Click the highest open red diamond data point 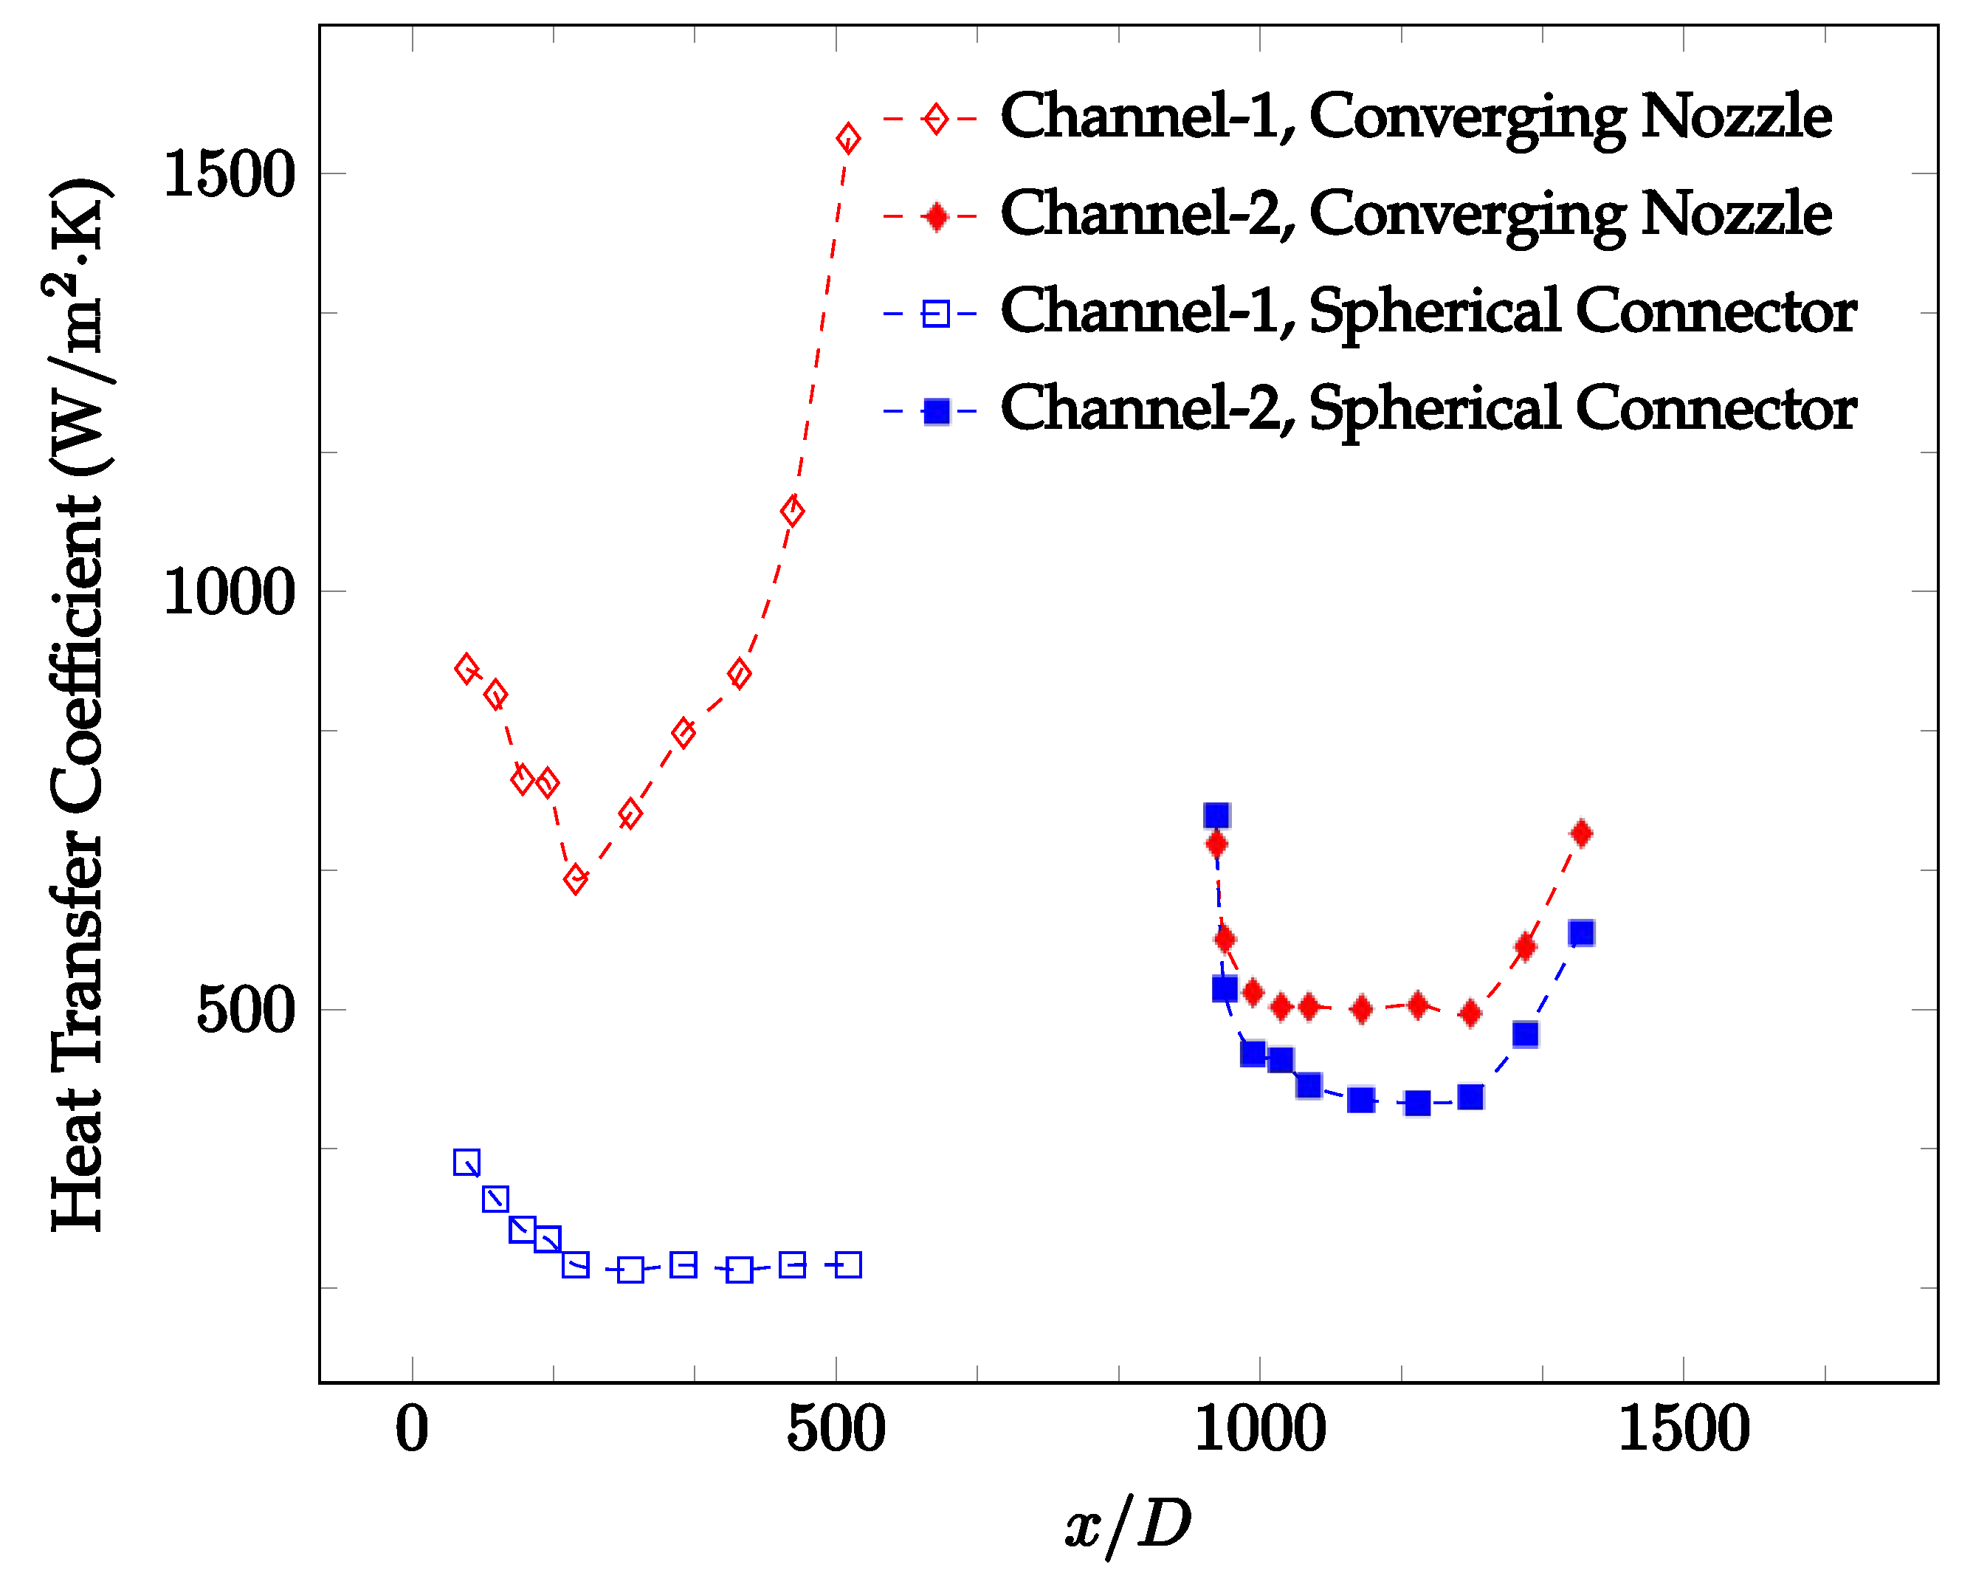847,139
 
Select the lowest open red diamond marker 575,880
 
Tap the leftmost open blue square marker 466,1163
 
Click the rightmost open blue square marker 848,1266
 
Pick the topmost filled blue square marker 1216,816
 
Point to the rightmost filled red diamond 1581,833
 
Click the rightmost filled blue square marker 1581,932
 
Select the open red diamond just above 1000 793,512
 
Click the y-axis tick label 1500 229,174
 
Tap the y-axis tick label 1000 229,592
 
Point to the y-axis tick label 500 245,1011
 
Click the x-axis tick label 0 412,1430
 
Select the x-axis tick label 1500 1684,1430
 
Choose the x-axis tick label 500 836,1430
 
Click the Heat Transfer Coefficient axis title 78,705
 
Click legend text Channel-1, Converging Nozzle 1416,117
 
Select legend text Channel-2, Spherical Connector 1428,408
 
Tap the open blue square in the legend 935,314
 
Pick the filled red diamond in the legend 935,217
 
